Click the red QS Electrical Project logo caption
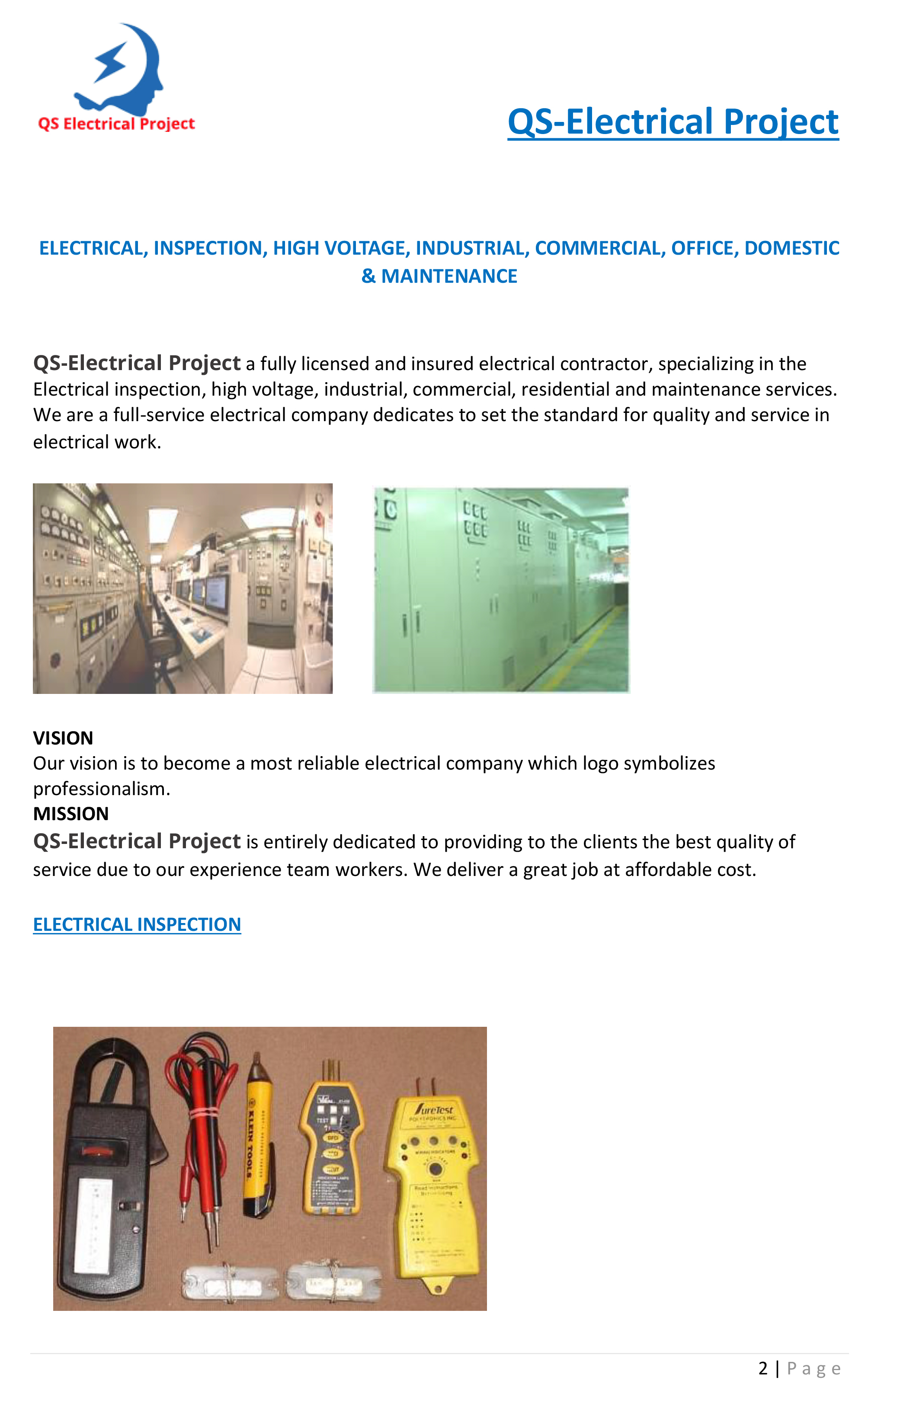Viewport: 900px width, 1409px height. point(116,124)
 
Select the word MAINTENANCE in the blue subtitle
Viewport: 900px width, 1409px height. point(449,276)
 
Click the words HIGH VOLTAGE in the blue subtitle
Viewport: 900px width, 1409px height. point(340,248)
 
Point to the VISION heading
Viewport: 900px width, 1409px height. point(63,738)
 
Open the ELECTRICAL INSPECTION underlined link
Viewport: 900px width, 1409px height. point(137,924)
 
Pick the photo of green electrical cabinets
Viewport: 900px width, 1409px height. point(501,590)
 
